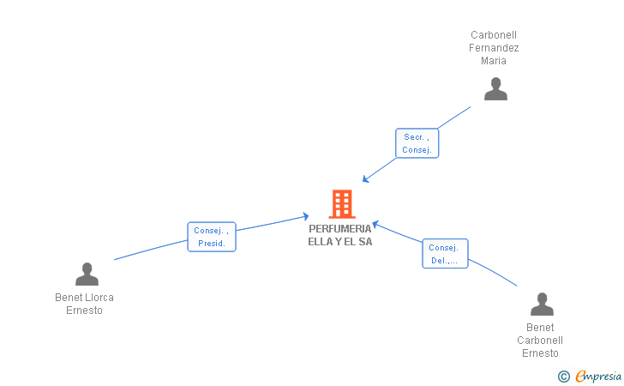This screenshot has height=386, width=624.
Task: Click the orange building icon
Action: pyautogui.click(x=341, y=204)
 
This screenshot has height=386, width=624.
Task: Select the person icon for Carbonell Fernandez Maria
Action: pyautogui.click(x=495, y=89)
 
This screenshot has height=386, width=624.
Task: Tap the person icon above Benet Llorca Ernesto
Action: pyautogui.click(x=87, y=274)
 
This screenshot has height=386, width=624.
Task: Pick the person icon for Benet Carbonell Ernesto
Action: pyautogui.click(x=542, y=305)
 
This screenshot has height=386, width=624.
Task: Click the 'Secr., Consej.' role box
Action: pyautogui.click(x=417, y=143)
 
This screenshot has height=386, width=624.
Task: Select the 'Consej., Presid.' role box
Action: pyautogui.click(x=212, y=237)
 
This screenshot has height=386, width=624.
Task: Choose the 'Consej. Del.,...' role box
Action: pyautogui.click(x=445, y=254)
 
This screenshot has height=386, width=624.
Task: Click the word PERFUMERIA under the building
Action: pyautogui.click(x=340, y=229)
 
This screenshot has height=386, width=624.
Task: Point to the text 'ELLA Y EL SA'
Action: pyautogui.click(x=340, y=242)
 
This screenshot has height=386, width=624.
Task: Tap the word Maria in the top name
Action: pyautogui.click(x=494, y=61)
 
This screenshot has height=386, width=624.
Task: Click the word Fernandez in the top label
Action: pyautogui.click(x=494, y=48)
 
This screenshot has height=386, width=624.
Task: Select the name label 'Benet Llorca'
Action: pyautogui.click(x=84, y=298)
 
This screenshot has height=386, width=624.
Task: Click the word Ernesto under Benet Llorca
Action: pyautogui.click(x=84, y=311)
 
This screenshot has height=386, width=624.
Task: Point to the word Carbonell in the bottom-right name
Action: pyautogui.click(x=540, y=341)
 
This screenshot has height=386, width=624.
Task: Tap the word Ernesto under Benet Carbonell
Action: pyautogui.click(x=540, y=353)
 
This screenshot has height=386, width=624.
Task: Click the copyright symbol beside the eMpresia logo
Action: pyautogui.click(x=563, y=376)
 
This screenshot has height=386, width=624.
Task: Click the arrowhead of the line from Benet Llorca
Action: pyautogui.click(x=305, y=216)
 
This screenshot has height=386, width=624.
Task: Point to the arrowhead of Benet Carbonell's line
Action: pyautogui.click(x=375, y=224)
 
